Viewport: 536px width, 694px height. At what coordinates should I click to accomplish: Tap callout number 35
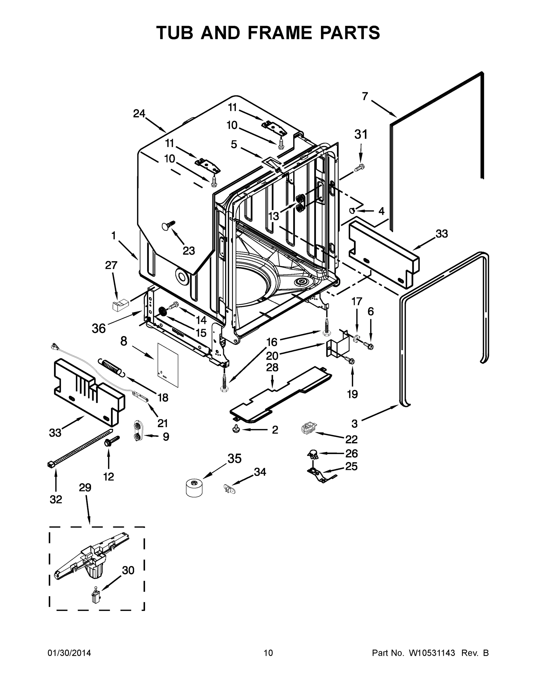coord(234,459)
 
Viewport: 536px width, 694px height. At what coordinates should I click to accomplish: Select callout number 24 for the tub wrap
coord(139,113)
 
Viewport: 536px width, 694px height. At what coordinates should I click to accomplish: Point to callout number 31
coord(361,134)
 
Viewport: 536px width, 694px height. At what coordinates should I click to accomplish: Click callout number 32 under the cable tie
coord(56,499)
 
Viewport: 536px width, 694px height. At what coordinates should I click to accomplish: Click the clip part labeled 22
coord(308,428)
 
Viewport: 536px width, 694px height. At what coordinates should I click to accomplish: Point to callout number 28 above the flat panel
coord(272,367)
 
